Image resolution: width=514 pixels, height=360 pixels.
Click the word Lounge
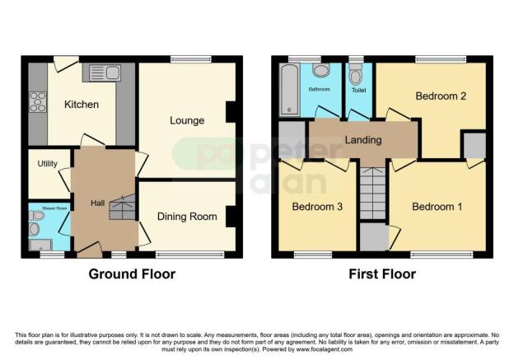click(187, 120)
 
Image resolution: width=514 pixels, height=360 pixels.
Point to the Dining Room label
click(188, 217)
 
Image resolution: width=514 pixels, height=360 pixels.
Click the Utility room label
click(47, 164)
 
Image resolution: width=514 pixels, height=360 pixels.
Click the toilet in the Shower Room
click(35, 217)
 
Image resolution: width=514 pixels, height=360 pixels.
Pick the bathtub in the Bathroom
click(289, 90)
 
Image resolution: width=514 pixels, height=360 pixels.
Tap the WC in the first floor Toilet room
click(356, 77)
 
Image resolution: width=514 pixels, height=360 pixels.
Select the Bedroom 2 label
click(441, 96)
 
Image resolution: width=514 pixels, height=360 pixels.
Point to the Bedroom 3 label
click(316, 206)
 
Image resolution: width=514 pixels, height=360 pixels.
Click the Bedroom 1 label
click(437, 206)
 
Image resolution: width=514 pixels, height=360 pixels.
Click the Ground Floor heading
click(132, 274)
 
